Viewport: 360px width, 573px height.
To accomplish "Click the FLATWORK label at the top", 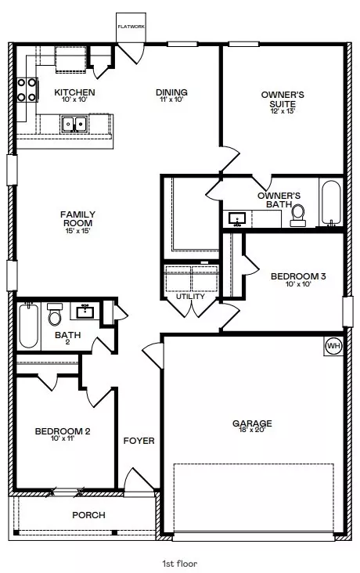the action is pos(131,27).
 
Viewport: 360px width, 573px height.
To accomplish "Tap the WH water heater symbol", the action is pos(333,346).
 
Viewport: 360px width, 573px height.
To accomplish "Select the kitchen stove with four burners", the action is pos(27,90).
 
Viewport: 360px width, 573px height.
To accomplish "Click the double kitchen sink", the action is pos(74,124).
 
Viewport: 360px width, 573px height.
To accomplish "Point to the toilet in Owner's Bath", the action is pos(298,215).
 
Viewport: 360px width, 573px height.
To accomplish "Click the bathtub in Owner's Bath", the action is pos(331,204).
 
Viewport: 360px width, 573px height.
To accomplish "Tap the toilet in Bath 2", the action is pos(55,314).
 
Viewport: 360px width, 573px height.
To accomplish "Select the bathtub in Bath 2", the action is pos(28,325).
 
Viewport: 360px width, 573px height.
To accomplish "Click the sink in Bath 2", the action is pos(85,312).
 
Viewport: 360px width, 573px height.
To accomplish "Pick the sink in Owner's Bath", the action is pos(237,219).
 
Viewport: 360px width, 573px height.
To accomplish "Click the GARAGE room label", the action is pos(252,423).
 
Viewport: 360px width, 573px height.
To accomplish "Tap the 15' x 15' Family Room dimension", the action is pos(77,231).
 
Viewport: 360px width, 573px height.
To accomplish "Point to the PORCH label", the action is pos(88,515).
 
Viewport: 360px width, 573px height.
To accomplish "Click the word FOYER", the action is pos(139,441).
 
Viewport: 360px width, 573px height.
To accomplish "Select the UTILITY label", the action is pos(190,297).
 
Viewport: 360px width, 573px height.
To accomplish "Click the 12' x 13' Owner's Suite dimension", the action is pos(283,111).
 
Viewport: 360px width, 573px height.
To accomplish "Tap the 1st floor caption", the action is pos(180,564).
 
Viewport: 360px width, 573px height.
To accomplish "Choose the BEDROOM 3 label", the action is pos(298,276).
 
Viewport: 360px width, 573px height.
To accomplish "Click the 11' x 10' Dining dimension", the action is pos(171,99).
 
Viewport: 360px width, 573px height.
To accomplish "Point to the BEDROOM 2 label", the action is pos(63,431).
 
